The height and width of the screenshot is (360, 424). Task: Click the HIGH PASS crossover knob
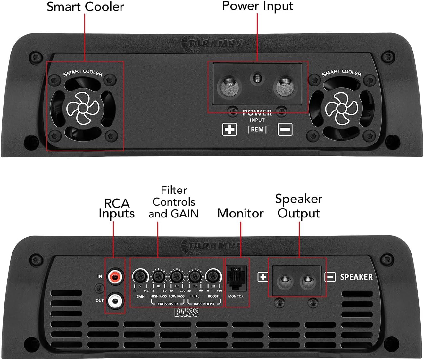click(158, 276)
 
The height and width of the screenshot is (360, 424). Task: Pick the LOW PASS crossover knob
click(176, 276)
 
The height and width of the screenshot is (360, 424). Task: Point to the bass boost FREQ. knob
click(195, 276)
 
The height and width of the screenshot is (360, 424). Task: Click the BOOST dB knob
click(213, 276)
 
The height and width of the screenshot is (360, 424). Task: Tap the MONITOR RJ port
click(236, 277)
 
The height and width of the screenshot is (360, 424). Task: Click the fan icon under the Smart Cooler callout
click(82, 108)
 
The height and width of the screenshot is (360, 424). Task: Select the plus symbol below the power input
click(229, 129)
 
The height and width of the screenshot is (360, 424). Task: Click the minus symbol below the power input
click(285, 129)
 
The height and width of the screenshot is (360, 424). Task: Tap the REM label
click(257, 129)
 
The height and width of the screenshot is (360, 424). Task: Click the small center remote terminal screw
click(257, 78)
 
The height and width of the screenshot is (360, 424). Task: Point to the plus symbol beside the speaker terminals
click(263, 277)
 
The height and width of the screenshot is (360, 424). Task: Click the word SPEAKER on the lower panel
click(356, 277)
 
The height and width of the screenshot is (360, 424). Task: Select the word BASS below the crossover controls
click(186, 313)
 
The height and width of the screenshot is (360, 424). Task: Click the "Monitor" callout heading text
click(240, 213)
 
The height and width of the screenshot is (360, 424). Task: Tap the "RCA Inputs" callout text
click(116, 208)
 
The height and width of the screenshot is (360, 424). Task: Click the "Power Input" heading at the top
click(257, 6)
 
